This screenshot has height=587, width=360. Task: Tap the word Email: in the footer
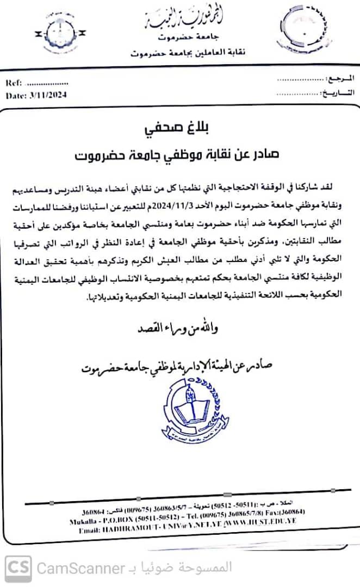click(x=89, y=530)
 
